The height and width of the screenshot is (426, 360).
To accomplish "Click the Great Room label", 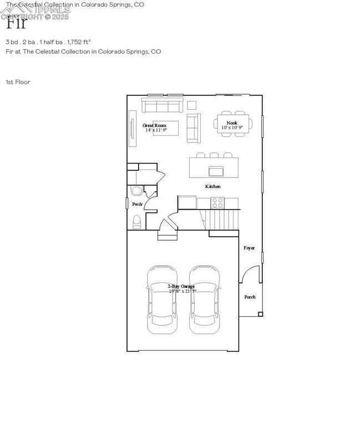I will coord(154,125).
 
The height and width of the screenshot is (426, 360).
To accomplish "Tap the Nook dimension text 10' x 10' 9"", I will coord(232,128).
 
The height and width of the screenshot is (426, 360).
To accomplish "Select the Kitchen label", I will coord(213,186).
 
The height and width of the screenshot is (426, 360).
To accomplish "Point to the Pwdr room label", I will coord(138,205).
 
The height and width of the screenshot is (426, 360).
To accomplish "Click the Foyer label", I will coord(249,248).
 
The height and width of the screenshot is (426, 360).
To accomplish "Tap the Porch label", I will coord(250,297).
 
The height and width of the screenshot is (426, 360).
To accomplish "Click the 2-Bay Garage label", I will coord(181,286).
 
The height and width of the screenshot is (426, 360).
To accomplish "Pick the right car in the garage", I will coord(204,300).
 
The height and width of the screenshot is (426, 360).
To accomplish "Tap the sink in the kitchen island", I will coord(216,170).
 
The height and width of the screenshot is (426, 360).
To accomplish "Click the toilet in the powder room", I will coord(136,222).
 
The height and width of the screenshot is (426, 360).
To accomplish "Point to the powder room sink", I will coord(135,191).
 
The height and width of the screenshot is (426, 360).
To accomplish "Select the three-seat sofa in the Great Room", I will coord(161,105).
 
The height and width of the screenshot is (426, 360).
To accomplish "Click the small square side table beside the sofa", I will coord(191,105).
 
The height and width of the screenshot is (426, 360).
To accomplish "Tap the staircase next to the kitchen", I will coord(223,220).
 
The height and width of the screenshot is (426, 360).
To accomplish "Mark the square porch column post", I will coord(260,315).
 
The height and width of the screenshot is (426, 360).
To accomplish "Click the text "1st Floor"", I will coord(18,82).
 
